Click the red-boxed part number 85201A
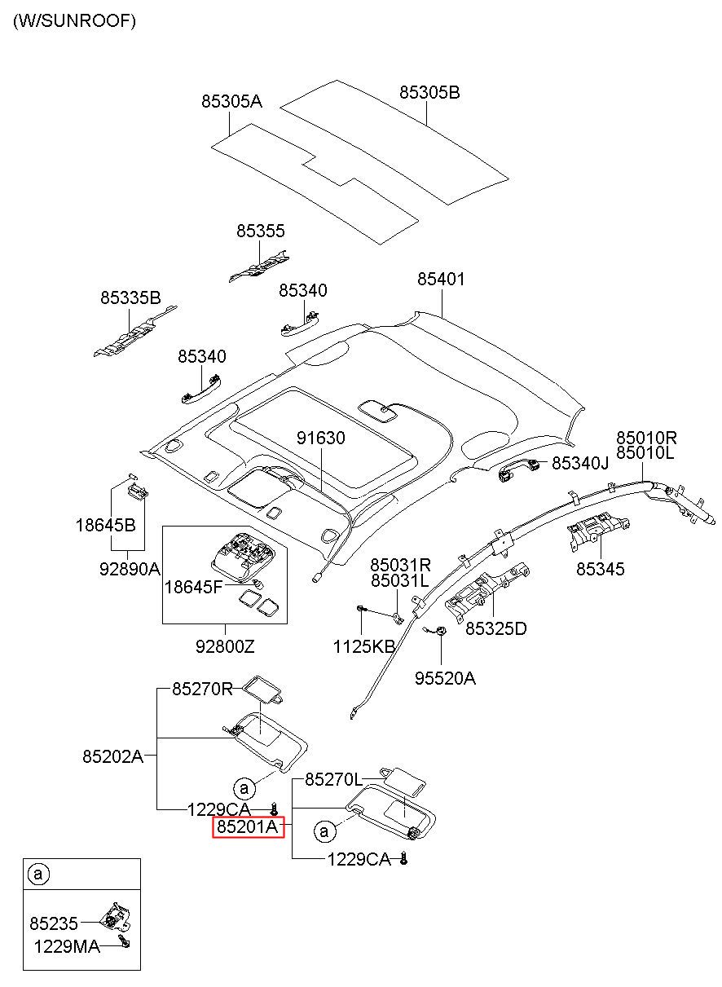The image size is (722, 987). pos(248,827)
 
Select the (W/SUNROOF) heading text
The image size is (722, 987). pos(74,20)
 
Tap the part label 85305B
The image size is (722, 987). pos(429,93)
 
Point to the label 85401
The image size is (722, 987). pos(441,280)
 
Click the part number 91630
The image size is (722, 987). pos(321,438)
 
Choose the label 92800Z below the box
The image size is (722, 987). pos(225,647)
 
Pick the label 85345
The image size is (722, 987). pos(601,569)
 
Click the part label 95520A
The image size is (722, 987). pos(446,678)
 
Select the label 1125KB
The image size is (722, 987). pos(364,647)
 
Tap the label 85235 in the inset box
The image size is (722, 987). pos(54,923)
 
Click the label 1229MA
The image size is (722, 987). pos(67,947)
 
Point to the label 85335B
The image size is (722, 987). pos(131,297)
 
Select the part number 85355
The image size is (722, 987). pos(261,231)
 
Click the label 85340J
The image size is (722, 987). pos(580,463)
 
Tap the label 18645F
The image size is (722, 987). pos(193,588)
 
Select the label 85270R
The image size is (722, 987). pos(202,689)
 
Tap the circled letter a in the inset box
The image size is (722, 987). pos(38,874)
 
